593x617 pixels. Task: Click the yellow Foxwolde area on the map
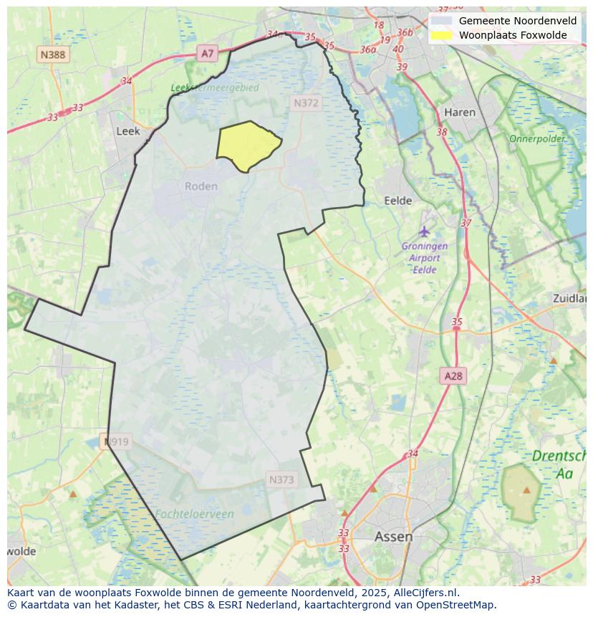(x=247, y=146)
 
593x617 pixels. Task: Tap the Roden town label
(x=201, y=186)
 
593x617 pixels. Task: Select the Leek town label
(x=127, y=131)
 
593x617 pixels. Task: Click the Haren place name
(x=459, y=113)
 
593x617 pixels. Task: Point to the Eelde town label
(x=398, y=201)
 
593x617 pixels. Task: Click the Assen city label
(x=393, y=536)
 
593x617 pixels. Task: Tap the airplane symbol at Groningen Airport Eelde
(x=425, y=231)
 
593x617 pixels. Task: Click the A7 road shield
(x=207, y=53)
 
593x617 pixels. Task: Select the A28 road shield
(x=453, y=376)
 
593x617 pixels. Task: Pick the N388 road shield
(x=53, y=54)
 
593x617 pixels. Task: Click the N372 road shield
(x=306, y=103)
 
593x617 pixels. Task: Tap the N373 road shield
(x=281, y=480)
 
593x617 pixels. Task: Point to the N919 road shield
(x=116, y=441)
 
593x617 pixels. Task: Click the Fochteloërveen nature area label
(x=193, y=514)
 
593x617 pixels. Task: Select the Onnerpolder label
(x=536, y=138)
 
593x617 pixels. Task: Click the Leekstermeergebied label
(x=214, y=87)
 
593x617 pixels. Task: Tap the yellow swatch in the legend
(x=441, y=35)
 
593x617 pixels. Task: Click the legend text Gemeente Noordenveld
(x=517, y=20)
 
